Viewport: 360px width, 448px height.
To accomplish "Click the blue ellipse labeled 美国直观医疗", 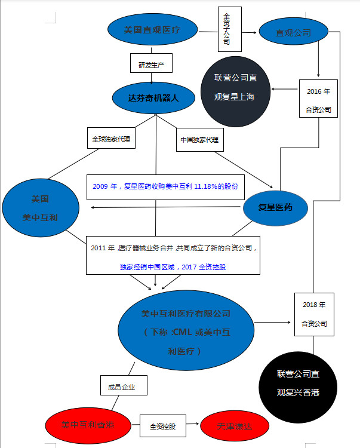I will (x=152, y=30).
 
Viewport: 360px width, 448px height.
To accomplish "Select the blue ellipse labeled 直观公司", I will (x=293, y=33).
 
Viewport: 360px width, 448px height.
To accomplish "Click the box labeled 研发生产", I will (x=150, y=64).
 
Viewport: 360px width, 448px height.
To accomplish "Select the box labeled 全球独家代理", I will (x=111, y=139).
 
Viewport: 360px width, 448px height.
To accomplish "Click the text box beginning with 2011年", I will (x=173, y=254).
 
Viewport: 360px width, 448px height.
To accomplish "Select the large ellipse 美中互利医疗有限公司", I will (x=186, y=332).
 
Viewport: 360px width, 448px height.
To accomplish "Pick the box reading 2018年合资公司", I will (x=314, y=314).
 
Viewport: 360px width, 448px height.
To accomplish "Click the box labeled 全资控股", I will (x=161, y=426).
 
